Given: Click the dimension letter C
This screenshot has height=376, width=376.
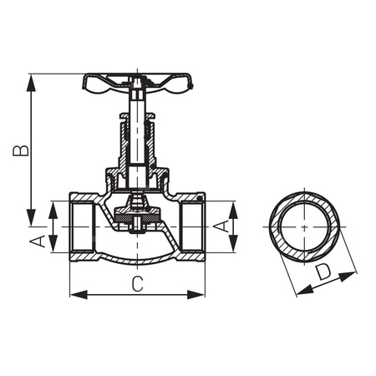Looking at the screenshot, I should point(138,283).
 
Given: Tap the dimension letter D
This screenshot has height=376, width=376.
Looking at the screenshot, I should point(322,272).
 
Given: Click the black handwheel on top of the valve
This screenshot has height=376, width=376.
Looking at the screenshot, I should point(138,82).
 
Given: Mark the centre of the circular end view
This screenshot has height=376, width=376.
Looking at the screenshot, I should point(304,226).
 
